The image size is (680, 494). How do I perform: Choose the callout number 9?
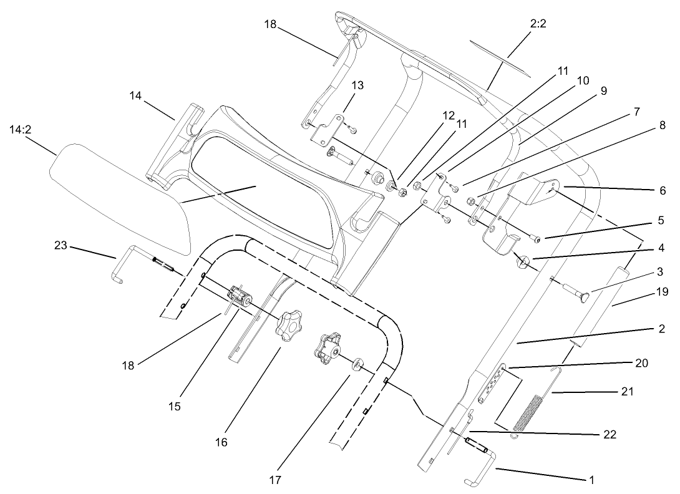pyautogui.click(x=603, y=90)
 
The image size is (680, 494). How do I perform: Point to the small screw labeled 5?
pyautogui.click(x=534, y=238)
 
